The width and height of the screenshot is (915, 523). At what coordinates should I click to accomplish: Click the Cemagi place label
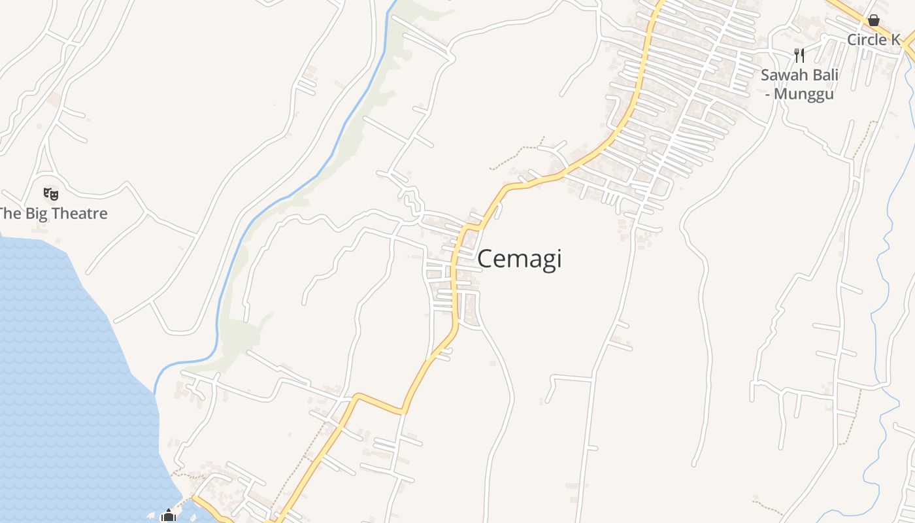(x=520, y=259)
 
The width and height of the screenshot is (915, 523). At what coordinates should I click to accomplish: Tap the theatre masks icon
(x=51, y=194)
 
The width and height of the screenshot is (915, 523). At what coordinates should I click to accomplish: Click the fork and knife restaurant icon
(x=799, y=55)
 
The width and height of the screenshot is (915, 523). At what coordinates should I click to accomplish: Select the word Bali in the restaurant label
(x=825, y=75)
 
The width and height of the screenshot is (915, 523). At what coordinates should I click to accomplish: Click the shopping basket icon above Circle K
(x=873, y=21)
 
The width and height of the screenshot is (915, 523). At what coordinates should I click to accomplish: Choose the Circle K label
(x=874, y=40)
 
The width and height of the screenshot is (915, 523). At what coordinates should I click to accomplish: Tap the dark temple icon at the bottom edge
(x=168, y=516)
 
